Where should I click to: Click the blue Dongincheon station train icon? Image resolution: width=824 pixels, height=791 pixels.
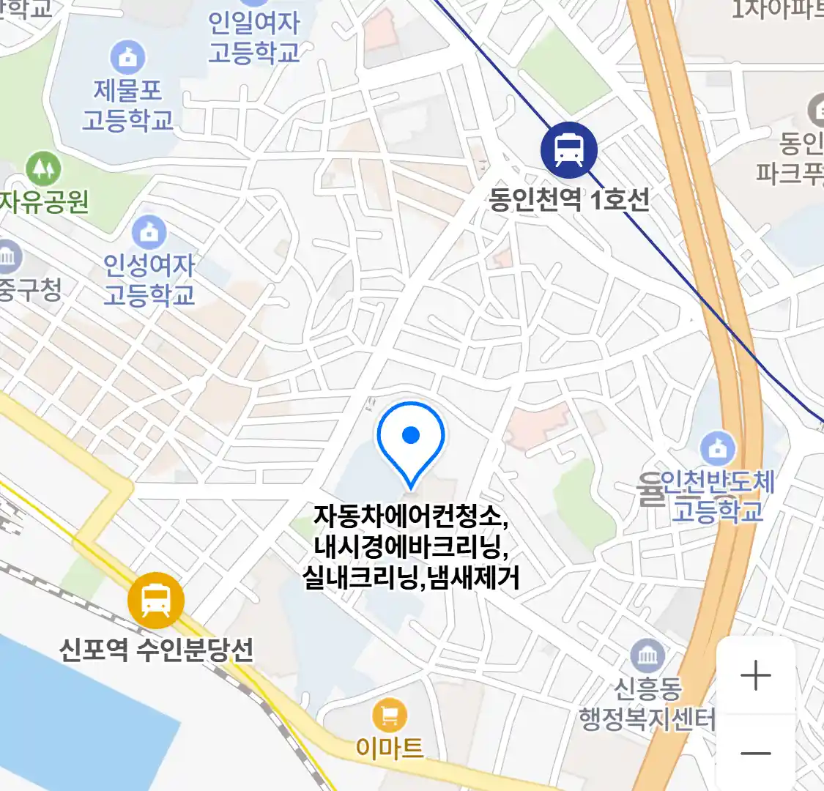tap(568, 149)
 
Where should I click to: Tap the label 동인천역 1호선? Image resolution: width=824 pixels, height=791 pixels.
tap(569, 199)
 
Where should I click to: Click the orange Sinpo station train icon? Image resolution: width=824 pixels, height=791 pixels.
tap(155, 600)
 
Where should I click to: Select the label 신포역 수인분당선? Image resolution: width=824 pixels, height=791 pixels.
tap(156, 648)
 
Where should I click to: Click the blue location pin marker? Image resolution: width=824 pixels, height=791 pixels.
tap(411, 440)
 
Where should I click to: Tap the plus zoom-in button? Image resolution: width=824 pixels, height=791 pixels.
tap(756, 675)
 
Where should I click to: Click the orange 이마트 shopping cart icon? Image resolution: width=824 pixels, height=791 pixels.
tap(389, 715)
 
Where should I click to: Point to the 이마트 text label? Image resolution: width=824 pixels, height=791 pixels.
tap(390, 747)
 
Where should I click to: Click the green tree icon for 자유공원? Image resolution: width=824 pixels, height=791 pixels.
tap(43, 169)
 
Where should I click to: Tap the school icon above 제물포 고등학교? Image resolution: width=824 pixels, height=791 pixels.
tap(128, 56)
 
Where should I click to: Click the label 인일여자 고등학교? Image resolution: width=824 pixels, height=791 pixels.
tap(254, 37)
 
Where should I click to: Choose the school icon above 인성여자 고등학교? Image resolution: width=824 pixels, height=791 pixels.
tap(149, 232)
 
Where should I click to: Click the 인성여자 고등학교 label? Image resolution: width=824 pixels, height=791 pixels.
tap(149, 279)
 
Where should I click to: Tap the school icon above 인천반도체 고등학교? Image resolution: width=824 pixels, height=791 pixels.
tap(718, 448)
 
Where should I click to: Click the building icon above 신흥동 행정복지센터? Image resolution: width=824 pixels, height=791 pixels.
tap(647, 656)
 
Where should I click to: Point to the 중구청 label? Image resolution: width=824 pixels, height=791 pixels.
tap(29, 289)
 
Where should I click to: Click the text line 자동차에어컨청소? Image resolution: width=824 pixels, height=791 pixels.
tap(411, 516)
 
